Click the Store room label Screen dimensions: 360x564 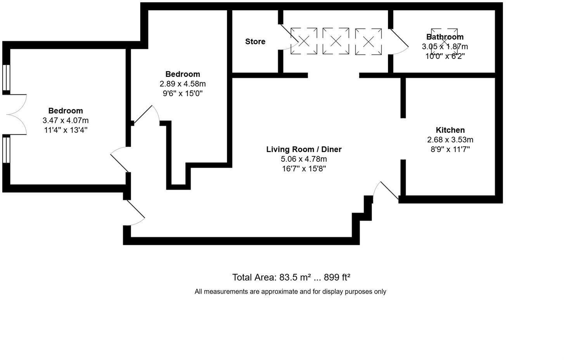[x=255, y=42]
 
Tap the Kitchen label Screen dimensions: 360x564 [x=450, y=130]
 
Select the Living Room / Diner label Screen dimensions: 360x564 [x=304, y=149]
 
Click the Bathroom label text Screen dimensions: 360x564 [x=445, y=37]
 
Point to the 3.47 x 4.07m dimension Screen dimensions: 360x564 [x=66, y=120]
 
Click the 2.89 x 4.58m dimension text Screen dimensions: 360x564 [x=182, y=84]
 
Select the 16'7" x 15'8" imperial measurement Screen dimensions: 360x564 [x=304, y=169]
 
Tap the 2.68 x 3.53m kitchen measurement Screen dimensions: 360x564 [x=450, y=140]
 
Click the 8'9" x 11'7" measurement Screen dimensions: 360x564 [x=450, y=149]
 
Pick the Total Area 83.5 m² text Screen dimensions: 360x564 [x=291, y=277]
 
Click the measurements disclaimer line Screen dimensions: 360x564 [x=290, y=292]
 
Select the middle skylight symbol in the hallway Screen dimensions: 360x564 [x=336, y=41]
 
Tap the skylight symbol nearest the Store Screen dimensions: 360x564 [x=304, y=41]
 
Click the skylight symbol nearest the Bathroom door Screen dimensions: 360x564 [x=368, y=41]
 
